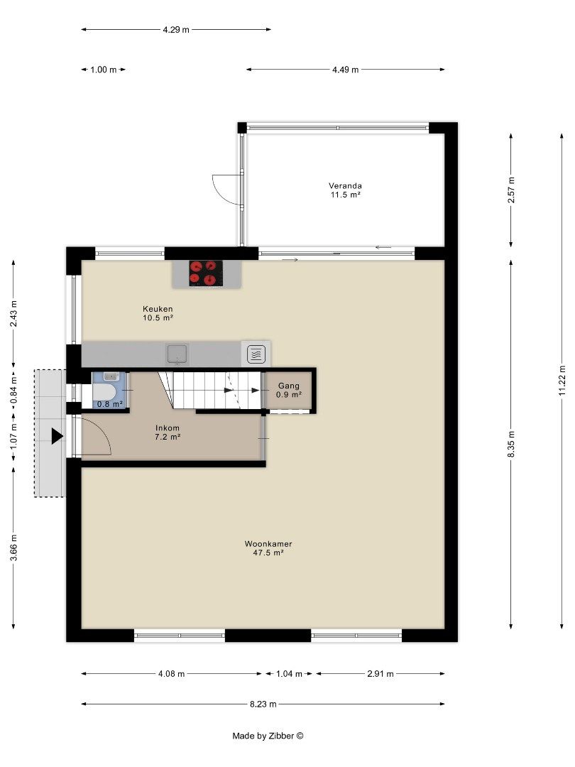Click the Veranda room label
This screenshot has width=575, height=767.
point(345,190)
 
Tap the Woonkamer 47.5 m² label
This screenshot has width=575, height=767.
point(268,548)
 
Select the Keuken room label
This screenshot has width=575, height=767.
point(158,313)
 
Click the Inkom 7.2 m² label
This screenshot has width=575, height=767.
point(168,433)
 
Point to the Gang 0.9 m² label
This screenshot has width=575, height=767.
point(288,390)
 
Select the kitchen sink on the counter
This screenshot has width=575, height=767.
point(177,353)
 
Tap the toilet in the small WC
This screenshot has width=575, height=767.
point(106,392)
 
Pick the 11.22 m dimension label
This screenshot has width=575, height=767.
point(562,380)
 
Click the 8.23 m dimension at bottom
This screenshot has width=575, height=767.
point(263,704)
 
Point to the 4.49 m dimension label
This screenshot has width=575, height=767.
point(345,70)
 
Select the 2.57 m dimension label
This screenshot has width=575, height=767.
point(511,190)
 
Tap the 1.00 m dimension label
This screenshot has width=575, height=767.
point(103,70)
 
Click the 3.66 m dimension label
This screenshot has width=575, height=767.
point(13,547)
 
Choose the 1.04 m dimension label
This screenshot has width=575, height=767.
point(289,674)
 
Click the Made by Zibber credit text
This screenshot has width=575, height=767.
point(268,736)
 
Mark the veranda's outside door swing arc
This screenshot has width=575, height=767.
point(223,188)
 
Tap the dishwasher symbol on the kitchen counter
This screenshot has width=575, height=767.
point(256,353)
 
